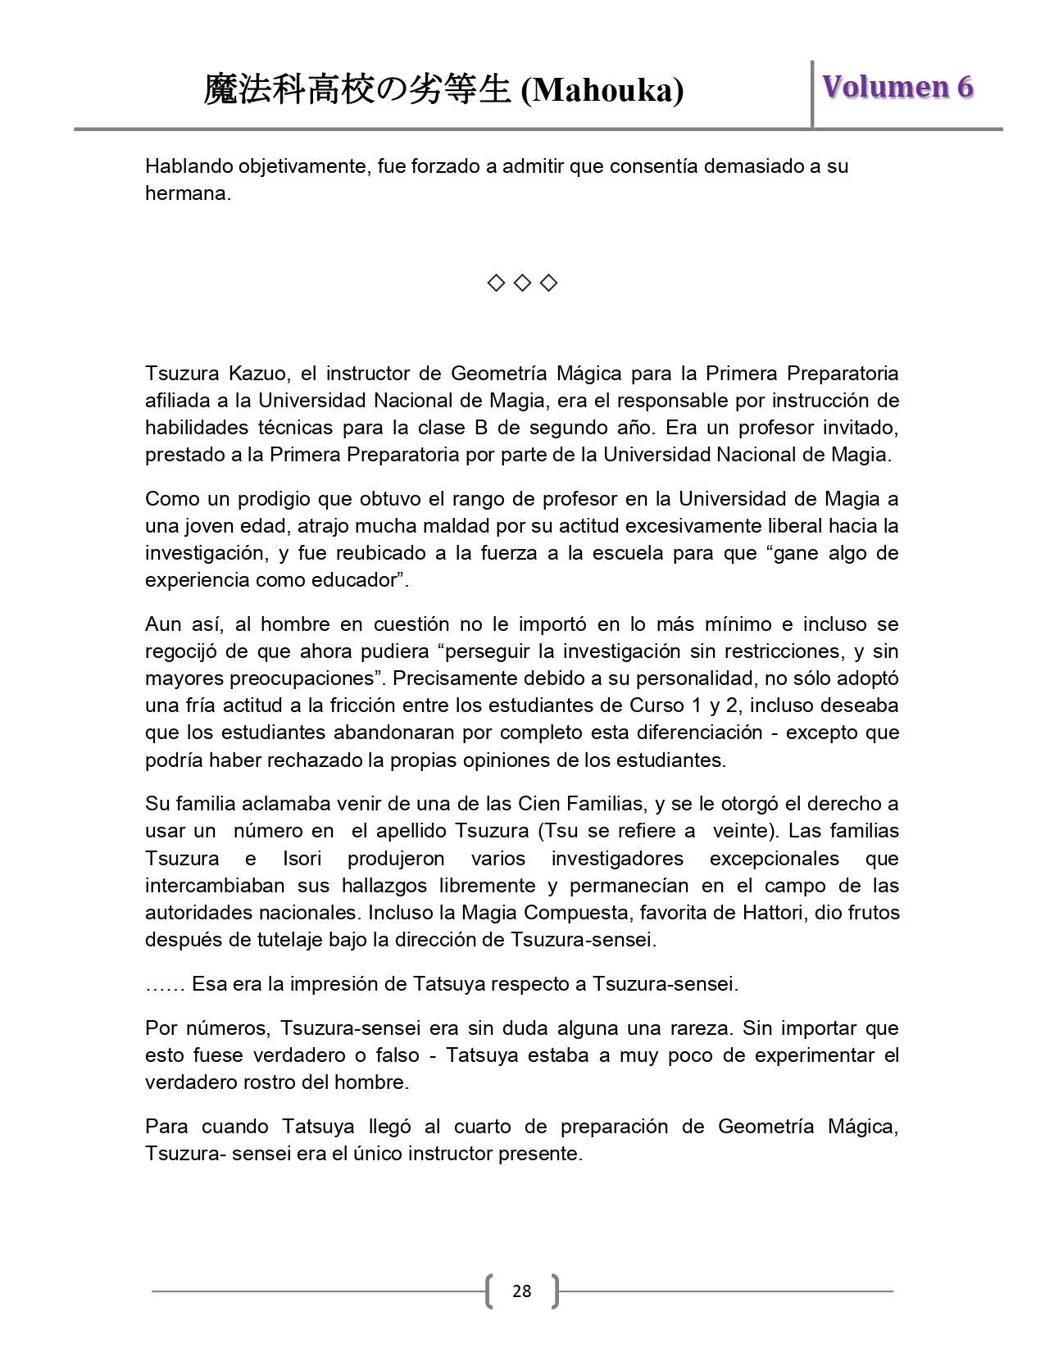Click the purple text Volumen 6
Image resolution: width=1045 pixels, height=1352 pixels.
pyautogui.click(x=897, y=87)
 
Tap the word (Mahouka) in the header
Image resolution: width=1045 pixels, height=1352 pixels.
pyautogui.click(x=602, y=90)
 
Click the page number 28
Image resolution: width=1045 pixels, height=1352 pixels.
pyautogui.click(x=521, y=1291)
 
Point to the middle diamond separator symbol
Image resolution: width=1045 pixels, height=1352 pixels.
pyautogui.click(x=522, y=284)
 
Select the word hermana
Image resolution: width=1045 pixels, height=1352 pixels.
pyautogui.click(x=188, y=193)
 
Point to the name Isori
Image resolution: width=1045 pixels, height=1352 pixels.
pyautogui.click(x=302, y=859)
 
